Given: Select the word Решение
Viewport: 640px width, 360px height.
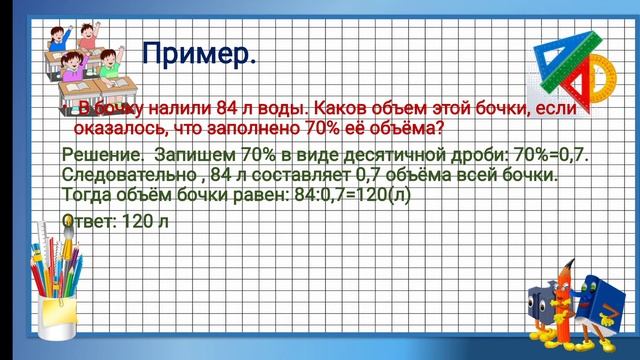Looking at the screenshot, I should click(x=98, y=157).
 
